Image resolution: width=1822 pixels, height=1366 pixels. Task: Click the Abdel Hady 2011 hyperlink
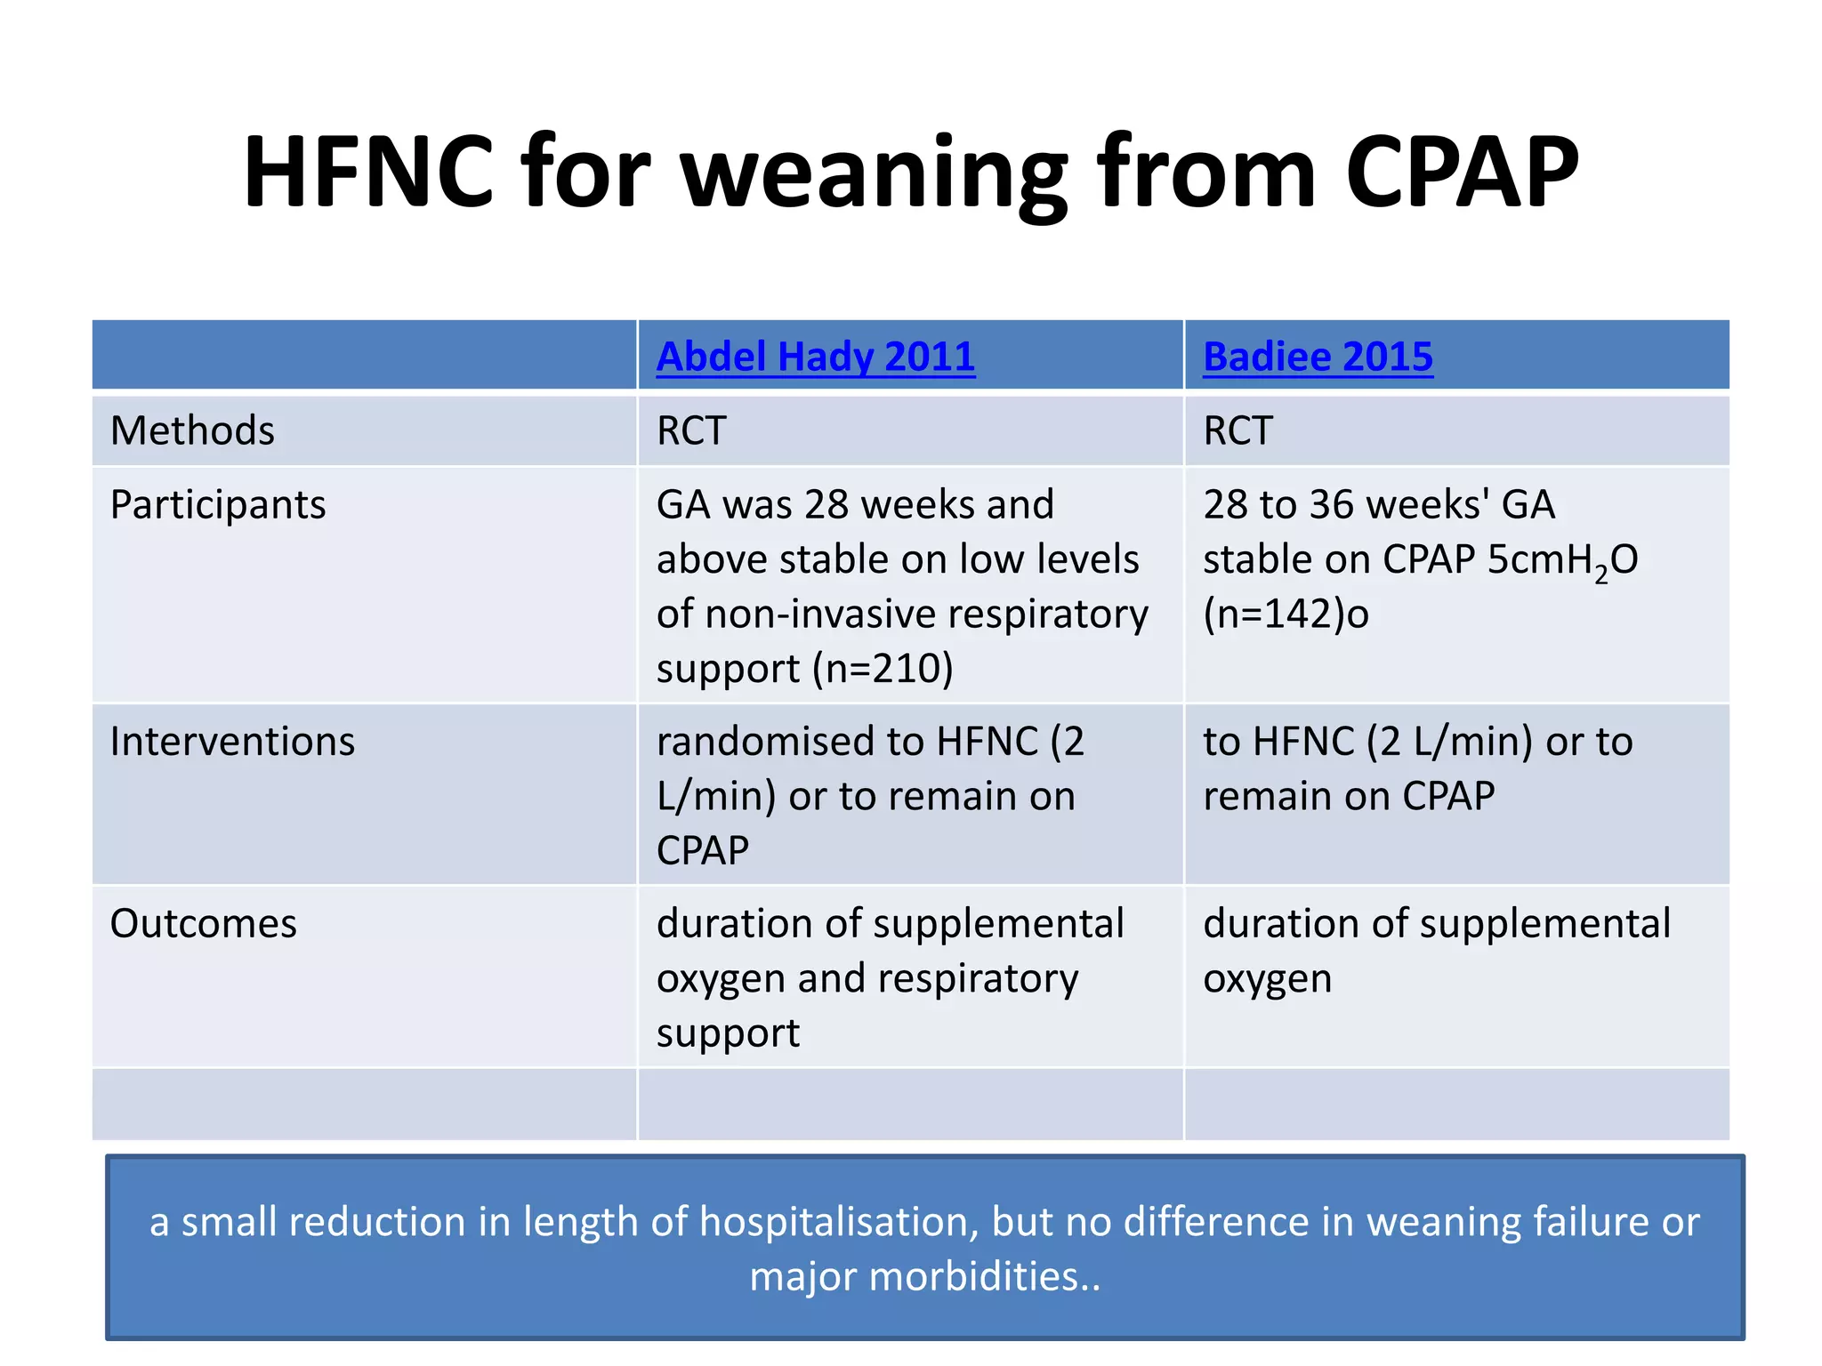pyautogui.click(x=815, y=357)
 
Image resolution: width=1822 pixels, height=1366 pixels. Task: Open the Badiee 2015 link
pyautogui.click(x=1318, y=357)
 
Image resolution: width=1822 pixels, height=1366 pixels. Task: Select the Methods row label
pyautogui.click(x=192, y=430)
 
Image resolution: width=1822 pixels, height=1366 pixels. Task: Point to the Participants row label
pyautogui.click(x=218, y=505)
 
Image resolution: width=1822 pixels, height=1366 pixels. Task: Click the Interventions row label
pyautogui.click(x=232, y=742)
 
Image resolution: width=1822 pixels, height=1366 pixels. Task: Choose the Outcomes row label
pyautogui.click(x=203, y=924)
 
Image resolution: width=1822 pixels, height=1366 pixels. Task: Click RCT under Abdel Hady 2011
pyautogui.click(x=691, y=430)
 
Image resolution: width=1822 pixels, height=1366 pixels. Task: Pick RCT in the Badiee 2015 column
pyautogui.click(x=1238, y=430)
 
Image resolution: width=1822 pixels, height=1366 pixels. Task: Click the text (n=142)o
pyautogui.click(x=1286, y=614)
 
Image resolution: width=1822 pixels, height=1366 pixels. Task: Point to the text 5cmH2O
pyautogui.click(x=1562, y=560)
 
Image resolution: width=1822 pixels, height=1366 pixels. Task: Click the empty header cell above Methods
pyautogui.click(x=364, y=355)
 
